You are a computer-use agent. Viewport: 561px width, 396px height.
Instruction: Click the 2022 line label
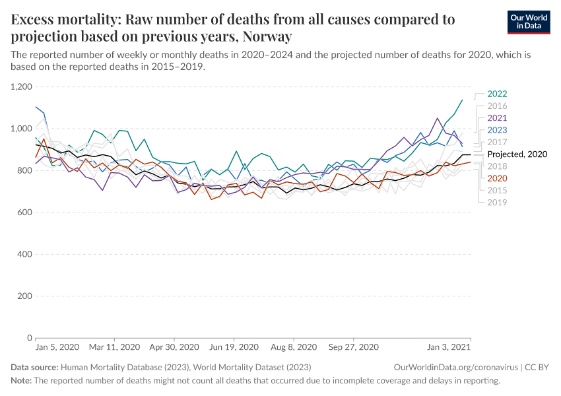pos(497,94)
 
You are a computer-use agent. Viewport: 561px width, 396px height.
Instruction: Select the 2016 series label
pos(497,106)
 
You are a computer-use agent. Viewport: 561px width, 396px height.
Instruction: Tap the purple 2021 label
pos(497,117)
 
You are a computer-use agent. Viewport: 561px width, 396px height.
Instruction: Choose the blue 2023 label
pos(497,129)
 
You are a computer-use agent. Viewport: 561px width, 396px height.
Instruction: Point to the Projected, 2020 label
pos(517,154)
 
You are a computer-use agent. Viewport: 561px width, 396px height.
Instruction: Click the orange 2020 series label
pos(497,178)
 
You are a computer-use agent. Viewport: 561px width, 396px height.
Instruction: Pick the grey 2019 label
pos(497,202)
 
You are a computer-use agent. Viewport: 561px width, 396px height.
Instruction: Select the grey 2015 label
pos(497,190)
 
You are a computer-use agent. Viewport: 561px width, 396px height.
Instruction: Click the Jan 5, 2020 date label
pos(57,347)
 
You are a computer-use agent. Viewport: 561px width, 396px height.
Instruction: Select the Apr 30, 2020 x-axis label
pos(174,347)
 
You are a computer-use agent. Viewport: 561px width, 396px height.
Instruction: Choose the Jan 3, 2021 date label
pos(449,347)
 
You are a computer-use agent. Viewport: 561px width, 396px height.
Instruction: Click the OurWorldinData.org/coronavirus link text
pos(448,366)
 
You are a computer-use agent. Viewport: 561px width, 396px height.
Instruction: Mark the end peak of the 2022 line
pos(462,100)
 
